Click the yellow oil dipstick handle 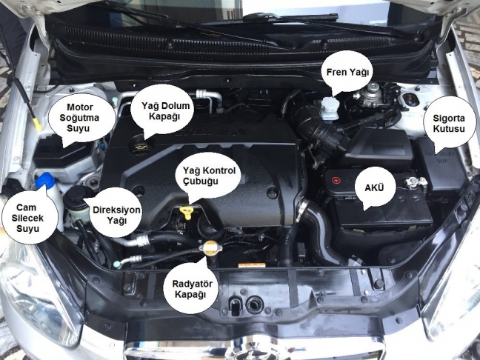(187, 212)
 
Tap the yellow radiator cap (210, 247)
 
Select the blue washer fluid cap (45, 180)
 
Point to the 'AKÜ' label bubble (374, 188)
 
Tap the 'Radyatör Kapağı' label (193, 288)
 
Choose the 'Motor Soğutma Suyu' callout (80, 119)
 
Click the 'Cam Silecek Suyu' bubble (28, 218)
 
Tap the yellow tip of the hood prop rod (37, 124)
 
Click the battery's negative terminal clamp (414, 182)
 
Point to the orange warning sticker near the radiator (252, 265)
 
